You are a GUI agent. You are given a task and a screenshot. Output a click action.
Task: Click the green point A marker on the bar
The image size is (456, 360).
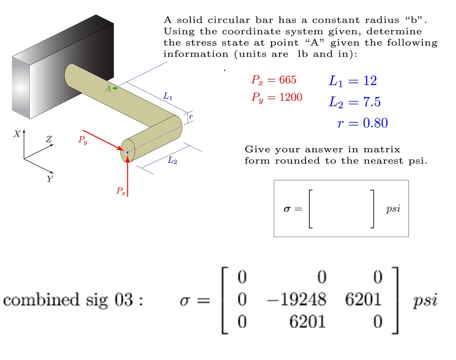pyautogui.click(x=115, y=88)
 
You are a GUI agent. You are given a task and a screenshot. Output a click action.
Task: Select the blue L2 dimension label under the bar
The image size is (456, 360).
pyautogui.click(x=172, y=161)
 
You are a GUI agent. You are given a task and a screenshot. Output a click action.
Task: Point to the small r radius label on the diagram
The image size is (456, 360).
pyautogui.click(x=191, y=117)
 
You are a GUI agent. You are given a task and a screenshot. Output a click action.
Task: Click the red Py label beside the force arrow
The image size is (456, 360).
pyautogui.click(x=83, y=141)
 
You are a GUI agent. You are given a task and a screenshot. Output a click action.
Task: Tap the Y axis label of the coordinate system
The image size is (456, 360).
pyautogui.click(x=49, y=179)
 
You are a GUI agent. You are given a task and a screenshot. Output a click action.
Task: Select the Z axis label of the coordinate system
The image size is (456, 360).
pyautogui.click(x=49, y=139)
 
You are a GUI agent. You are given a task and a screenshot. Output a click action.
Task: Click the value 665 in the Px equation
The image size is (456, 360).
pyautogui.click(x=287, y=80)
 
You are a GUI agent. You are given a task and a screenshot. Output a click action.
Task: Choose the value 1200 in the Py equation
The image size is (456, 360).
pyautogui.click(x=290, y=97)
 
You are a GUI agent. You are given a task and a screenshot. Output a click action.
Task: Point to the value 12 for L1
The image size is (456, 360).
pyautogui.click(x=370, y=81)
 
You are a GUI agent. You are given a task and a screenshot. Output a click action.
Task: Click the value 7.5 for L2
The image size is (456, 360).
pyautogui.click(x=371, y=102)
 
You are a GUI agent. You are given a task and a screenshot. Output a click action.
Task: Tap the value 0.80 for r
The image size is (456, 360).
pyautogui.click(x=375, y=123)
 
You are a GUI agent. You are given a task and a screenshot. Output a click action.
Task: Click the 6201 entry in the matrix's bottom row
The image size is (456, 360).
pyautogui.click(x=308, y=321)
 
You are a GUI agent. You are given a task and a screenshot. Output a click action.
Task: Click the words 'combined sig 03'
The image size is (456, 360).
pyautogui.click(x=73, y=299)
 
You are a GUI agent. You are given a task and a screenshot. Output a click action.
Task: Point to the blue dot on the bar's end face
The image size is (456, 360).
pyautogui.click(x=127, y=152)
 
